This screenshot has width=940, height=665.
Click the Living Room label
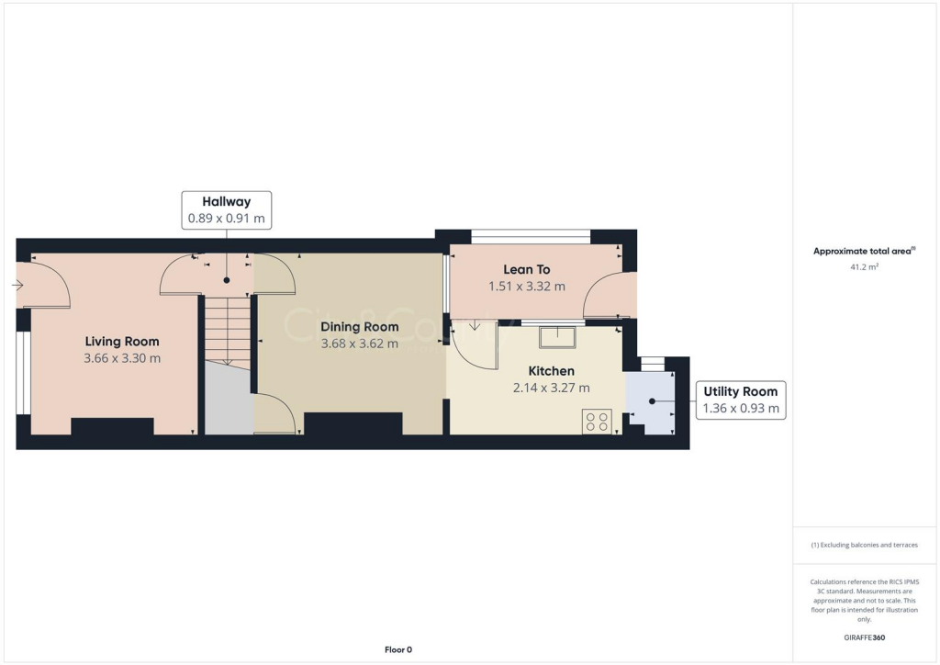coord(122,342)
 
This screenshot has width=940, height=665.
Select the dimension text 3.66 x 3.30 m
coord(122,358)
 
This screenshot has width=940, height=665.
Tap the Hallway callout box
coord(226,210)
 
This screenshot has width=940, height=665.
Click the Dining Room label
coord(359,327)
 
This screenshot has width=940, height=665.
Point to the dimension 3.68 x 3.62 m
coord(359,344)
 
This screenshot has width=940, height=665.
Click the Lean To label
coord(526,269)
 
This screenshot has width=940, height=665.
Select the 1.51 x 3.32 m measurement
coord(526,286)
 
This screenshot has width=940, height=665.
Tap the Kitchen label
coord(551,371)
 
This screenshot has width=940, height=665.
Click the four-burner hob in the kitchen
coord(597,421)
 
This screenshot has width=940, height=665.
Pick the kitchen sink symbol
coord(556,337)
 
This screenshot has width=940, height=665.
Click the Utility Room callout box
coord(740,400)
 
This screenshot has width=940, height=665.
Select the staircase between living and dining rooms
coord(226,331)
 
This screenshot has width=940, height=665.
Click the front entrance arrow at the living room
coord(17,286)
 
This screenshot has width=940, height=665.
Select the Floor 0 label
coord(397,649)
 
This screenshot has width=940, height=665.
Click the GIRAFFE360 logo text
coord(866,637)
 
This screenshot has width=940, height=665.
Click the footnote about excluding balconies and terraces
coord(864,545)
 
